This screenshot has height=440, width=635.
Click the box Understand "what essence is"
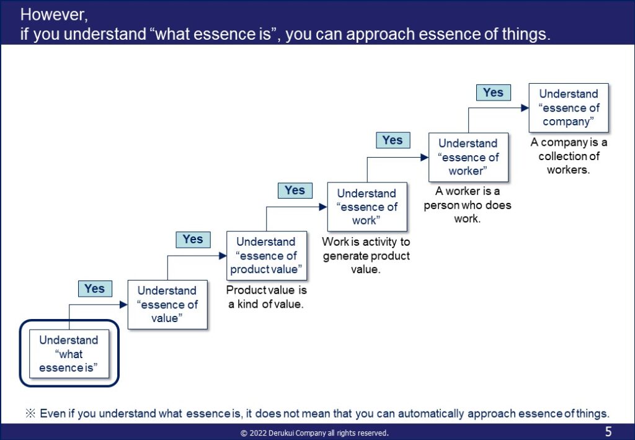tap(69, 354)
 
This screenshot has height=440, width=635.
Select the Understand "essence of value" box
tap(167, 304)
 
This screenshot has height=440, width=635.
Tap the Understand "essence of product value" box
tap(267, 256)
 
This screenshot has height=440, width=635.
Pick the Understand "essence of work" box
tap(367, 207)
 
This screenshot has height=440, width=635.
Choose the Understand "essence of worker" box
tap(468, 157)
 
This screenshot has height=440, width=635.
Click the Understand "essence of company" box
tap(569, 108)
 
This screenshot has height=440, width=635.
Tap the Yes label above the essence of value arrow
tap(95, 289)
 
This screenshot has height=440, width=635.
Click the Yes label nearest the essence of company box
tap(493, 92)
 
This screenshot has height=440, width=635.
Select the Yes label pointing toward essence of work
tap(295, 191)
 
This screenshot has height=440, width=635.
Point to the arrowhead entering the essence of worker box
tap(425, 157)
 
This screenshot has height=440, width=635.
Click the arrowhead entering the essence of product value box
tap(223, 256)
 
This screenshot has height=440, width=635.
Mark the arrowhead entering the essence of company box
tap(525, 108)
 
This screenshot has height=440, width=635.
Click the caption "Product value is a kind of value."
tap(266, 297)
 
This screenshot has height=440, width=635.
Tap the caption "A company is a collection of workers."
tap(569, 156)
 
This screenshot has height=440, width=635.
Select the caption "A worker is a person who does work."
tap(468, 205)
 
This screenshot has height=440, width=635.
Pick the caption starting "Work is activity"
tap(366, 256)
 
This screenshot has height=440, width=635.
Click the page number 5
tap(608, 431)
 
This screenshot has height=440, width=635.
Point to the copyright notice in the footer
tap(314, 433)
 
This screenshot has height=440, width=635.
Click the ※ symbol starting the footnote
tap(30, 413)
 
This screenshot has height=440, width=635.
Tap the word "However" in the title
tap(54, 15)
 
